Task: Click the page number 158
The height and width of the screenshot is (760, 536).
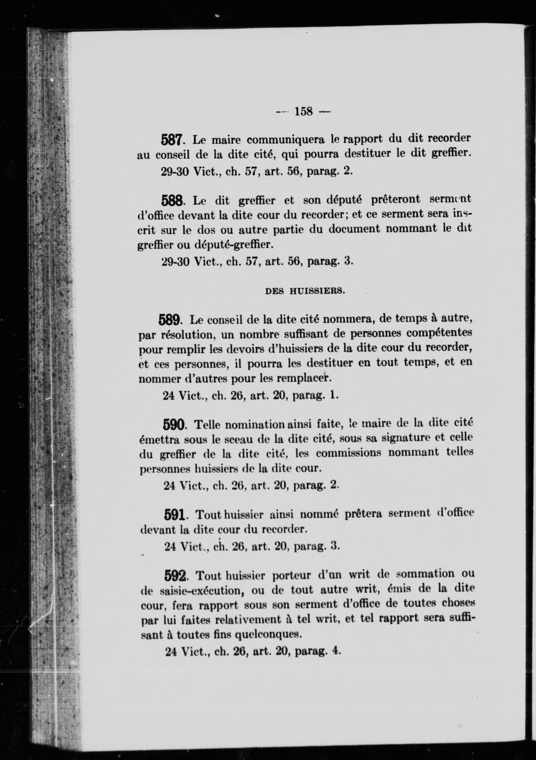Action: coord(304,111)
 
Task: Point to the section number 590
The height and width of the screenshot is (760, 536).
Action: coord(174,425)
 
